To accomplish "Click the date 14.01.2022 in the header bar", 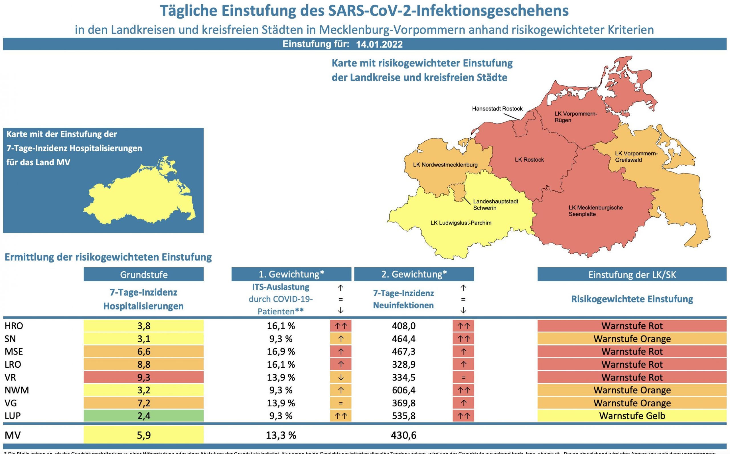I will pyautogui.click(x=379, y=44).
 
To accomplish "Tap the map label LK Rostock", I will pyautogui.click(x=529, y=160).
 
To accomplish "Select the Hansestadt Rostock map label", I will pyautogui.click(x=497, y=109).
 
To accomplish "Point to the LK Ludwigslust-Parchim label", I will pyautogui.click(x=461, y=223).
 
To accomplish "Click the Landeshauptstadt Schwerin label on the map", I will pyautogui.click(x=495, y=204).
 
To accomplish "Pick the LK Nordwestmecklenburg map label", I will pyautogui.click(x=445, y=165).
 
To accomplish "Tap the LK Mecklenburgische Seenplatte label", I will pyautogui.click(x=595, y=211).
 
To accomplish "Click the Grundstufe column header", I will pyautogui.click(x=144, y=274).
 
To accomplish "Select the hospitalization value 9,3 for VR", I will pyautogui.click(x=144, y=377).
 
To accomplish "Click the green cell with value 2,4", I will pyautogui.click(x=144, y=416).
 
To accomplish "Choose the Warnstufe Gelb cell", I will pyautogui.click(x=632, y=416).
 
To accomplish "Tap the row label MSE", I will pyautogui.click(x=14, y=351).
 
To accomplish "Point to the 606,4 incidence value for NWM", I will pyautogui.click(x=403, y=390).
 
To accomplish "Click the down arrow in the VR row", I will pyautogui.click(x=340, y=377).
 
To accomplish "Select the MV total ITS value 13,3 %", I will pyautogui.click(x=281, y=435).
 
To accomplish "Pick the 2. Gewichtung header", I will pyautogui.click(x=414, y=274).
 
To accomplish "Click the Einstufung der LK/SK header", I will pyautogui.click(x=632, y=274).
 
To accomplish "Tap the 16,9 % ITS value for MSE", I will pyautogui.click(x=281, y=351).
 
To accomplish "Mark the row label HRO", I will pyautogui.click(x=14, y=326).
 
